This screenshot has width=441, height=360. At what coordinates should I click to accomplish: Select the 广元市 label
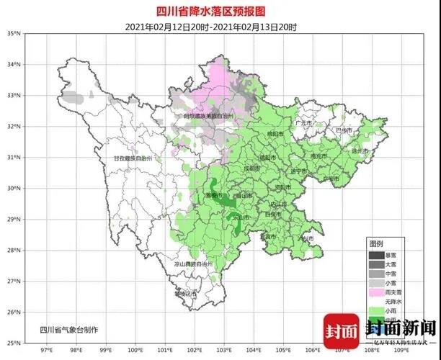click(305, 123)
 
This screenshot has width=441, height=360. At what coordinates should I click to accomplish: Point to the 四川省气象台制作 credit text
click(69, 329)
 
